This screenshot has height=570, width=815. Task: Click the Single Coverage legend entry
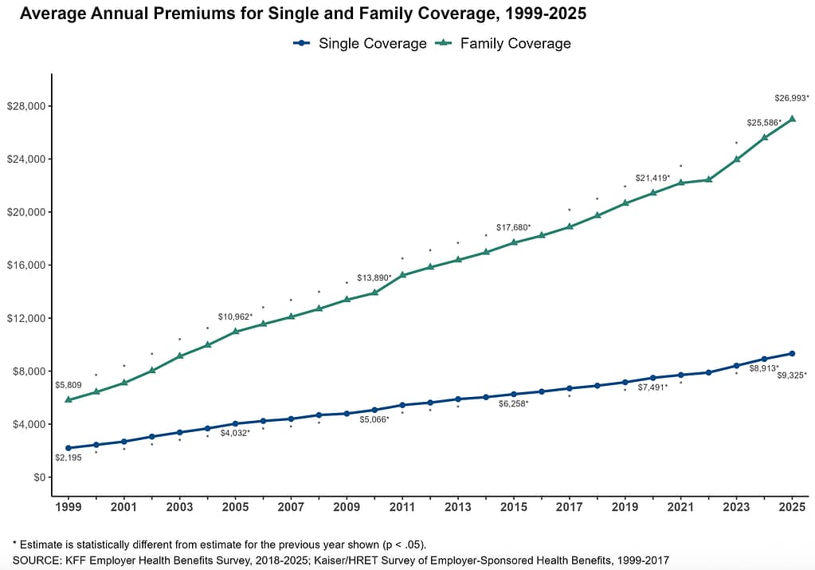[x=372, y=44]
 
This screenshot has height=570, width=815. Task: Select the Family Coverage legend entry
[x=515, y=44]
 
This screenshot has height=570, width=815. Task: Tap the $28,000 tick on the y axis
[x=28, y=107]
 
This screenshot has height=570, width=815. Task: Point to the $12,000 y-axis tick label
[x=28, y=319]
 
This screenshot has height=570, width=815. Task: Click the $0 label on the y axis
[x=38, y=478]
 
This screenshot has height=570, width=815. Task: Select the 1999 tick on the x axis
[x=68, y=506]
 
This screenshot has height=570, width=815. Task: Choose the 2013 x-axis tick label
[x=458, y=506]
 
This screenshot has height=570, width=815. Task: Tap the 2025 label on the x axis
[x=793, y=506]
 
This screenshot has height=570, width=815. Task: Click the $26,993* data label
[x=792, y=98]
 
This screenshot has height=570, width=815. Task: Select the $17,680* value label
[x=513, y=228]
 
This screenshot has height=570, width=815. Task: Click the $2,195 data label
[x=68, y=458]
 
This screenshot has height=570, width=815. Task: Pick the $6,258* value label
[x=513, y=404]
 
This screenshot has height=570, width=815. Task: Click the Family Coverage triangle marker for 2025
[x=793, y=119]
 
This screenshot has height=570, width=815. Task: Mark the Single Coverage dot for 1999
[x=68, y=448]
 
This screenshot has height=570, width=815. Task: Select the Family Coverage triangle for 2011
[x=402, y=274]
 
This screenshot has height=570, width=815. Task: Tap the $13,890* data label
[x=374, y=278]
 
